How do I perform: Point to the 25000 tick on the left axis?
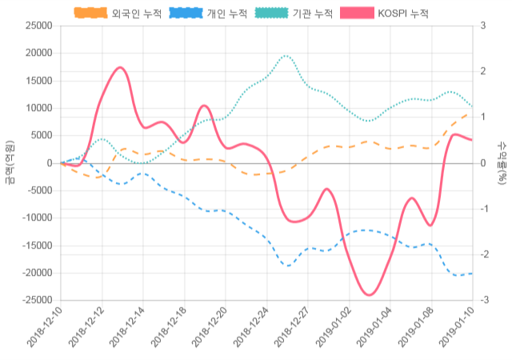coord(38,26)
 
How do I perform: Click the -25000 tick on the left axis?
coord(37,300)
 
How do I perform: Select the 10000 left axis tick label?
coord(38,108)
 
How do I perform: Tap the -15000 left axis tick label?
coord(37,246)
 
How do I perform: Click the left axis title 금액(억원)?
coord(9,162)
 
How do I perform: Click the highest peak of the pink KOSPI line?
coord(120,67)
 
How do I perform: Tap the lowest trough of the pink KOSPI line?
coord(369,295)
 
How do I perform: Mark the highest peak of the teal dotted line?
coord(286,56)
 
